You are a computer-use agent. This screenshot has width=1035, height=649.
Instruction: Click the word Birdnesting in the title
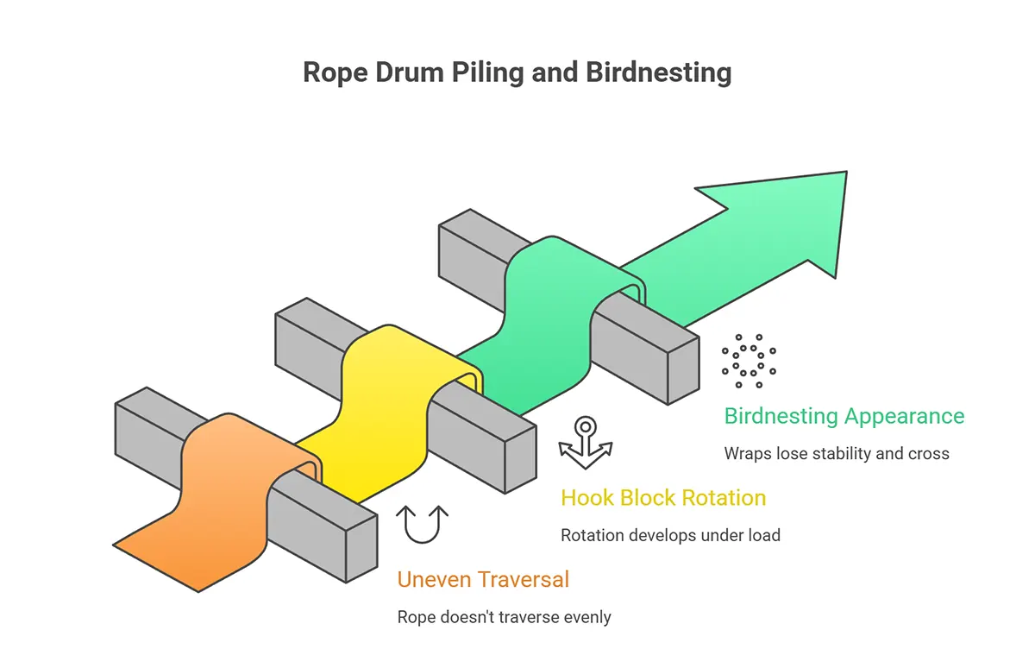[x=658, y=72]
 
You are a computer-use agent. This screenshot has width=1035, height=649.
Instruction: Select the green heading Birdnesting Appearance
[x=844, y=416]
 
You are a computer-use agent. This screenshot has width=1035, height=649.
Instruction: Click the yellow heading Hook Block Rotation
[x=663, y=498]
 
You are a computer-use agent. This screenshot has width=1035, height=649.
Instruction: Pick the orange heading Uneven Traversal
[x=483, y=579]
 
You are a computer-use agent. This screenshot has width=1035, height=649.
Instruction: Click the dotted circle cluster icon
[x=749, y=361]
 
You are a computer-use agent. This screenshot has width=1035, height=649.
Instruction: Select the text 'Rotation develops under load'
[x=670, y=535]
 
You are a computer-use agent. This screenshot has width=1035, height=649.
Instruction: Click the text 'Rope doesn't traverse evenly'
[x=504, y=617]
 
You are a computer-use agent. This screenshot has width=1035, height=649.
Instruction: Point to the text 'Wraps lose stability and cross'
[x=836, y=453]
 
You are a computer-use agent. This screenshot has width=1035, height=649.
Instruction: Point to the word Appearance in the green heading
[x=904, y=416]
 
